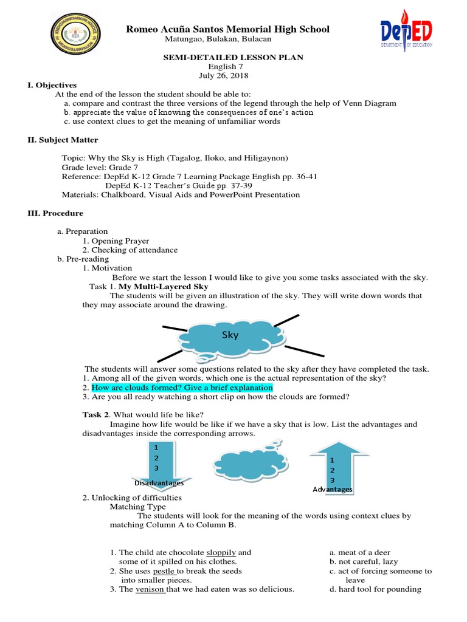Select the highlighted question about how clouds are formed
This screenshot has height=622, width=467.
tap(182, 388)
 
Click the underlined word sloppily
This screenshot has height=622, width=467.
tap(221, 553)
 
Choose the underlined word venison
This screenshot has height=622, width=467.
tap(150, 589)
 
